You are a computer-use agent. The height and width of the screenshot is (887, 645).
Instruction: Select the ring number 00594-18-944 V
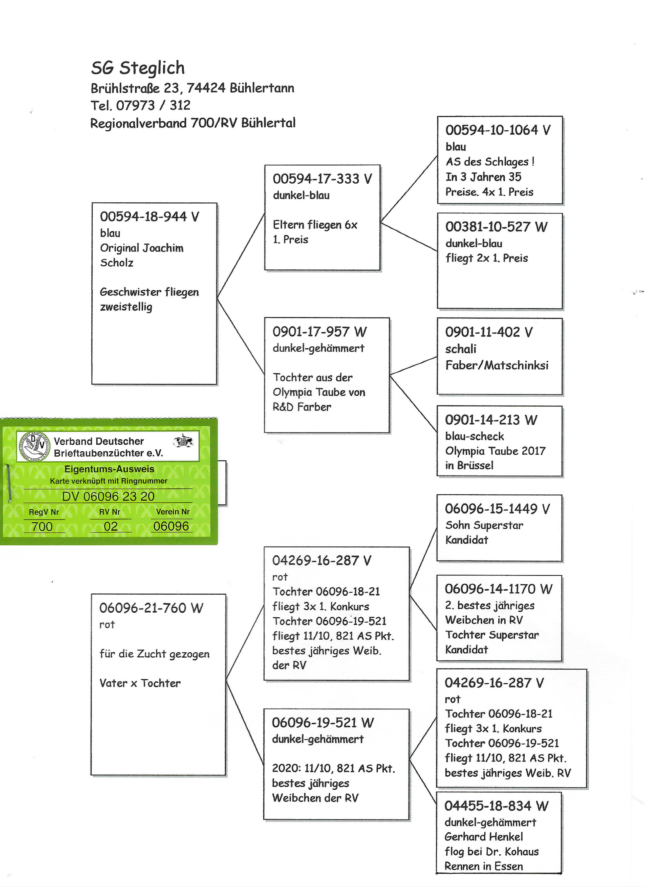(149, 217)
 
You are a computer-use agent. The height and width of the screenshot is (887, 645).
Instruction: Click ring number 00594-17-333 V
(322, 179)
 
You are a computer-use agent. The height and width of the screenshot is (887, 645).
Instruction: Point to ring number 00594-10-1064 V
(498, 130)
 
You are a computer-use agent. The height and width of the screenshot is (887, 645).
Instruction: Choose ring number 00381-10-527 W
(496, 227)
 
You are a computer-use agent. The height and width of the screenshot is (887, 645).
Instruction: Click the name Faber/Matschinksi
(497, 365)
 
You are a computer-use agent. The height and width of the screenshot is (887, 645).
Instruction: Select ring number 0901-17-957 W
(319, 332)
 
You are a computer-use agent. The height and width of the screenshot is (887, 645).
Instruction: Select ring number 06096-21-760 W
(151, 608)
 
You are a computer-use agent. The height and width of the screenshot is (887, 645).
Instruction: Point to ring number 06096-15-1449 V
(497, 509)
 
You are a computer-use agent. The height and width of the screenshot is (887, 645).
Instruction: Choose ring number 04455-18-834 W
(496, 806)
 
